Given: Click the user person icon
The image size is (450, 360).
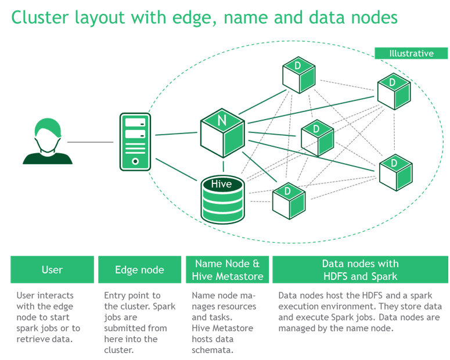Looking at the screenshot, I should [x=48, y=142].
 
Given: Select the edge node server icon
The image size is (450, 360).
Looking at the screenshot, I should [x=135, y=142].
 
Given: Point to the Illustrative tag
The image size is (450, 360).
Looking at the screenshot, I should [x=411, y=53].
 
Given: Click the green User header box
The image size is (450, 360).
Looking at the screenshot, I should [x=52, y=269].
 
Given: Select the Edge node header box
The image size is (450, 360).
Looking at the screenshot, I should [x=139, y=269].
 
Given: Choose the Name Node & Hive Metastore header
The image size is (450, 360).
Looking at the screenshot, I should [x=227, y=269].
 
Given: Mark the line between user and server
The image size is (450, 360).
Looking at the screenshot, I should [x=90, y=142].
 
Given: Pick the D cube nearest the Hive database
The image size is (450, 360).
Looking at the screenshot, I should [x=288, y=200].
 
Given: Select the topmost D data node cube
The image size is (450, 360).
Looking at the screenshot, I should [x=298, y=74].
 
